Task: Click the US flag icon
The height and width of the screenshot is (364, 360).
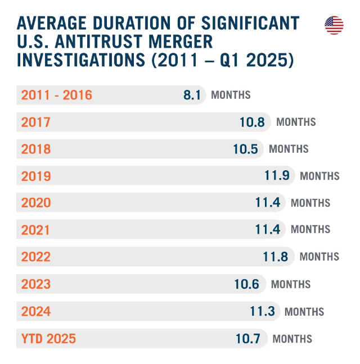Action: [334, 25]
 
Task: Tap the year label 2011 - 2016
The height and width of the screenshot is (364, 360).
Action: [56, 95]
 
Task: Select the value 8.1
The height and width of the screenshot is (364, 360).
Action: [192, 95]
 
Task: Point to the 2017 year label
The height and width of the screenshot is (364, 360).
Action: [36, 122]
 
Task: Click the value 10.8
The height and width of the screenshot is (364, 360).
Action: [252, 122]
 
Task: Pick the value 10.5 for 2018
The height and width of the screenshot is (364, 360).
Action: [245, 149]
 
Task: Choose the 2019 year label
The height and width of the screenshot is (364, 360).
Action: [36, 176]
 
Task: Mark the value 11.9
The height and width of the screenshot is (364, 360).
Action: [277, 176]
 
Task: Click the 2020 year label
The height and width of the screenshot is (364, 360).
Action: [36, 203]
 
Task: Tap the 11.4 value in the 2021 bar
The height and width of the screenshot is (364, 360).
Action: [268, 230]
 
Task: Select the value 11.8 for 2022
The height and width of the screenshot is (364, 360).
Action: [276, 257]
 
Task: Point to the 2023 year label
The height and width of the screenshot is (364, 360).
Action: [36, 284]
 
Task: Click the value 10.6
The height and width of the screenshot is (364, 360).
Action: [247, 284]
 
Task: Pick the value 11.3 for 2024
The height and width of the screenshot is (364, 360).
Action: [263, 311]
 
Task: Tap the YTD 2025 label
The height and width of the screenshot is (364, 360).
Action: [48, 339]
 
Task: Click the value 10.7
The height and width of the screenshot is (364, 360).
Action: [248, 339]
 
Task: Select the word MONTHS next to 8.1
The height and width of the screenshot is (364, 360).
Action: [231, 95]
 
